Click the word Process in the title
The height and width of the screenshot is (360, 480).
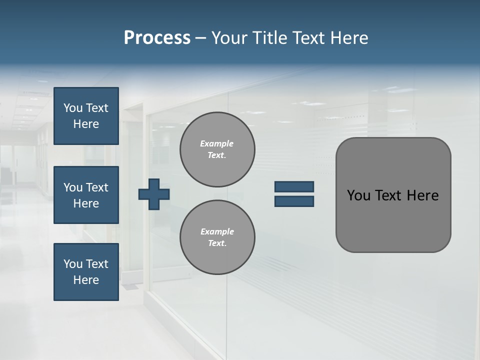[x=157, y=38]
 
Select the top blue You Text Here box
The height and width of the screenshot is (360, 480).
[x=86, y=116]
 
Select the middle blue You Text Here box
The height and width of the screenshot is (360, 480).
[x=86, y=195]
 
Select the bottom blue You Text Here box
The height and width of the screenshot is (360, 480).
[x=86, y=272]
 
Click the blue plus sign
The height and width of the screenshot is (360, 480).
[x=154, y=194]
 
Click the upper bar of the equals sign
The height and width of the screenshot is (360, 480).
[x=294, y=186]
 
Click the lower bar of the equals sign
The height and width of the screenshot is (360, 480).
[x=294, y=201]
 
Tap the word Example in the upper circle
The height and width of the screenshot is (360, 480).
[x=217, y=143]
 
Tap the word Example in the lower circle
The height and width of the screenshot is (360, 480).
[x=217, y=231]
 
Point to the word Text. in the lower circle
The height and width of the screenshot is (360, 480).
[x=217, y=243]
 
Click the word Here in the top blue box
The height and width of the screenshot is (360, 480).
[x=86, y=124]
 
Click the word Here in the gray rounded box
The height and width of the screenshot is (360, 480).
[x=422, y=195]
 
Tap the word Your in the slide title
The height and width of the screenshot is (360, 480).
[x=229, y=38]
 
